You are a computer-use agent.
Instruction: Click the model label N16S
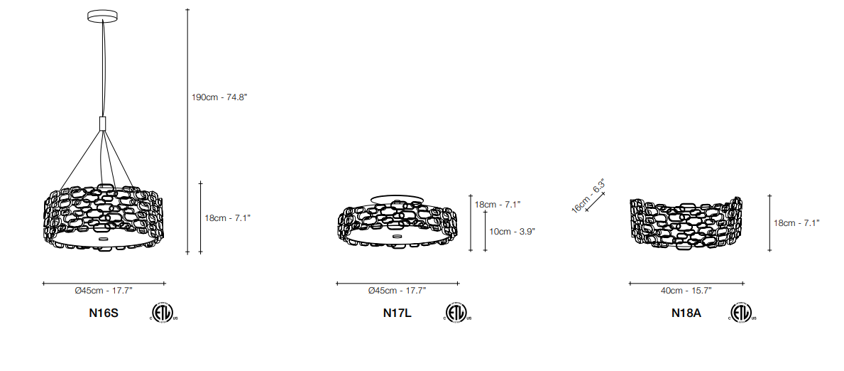[104, 313]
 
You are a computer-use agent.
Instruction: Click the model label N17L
[398, 313]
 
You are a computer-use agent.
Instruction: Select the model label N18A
[686, 313]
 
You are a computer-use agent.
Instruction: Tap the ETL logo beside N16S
[163, 312]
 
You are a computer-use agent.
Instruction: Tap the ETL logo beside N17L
[457, 312]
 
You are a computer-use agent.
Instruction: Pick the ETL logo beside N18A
[742, 312]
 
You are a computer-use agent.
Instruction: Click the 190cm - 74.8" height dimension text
[219, 97]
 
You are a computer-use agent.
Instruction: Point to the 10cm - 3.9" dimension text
[513, 231]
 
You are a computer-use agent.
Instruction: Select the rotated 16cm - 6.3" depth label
[588, 195]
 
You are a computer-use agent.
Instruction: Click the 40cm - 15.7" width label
[686, 291]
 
